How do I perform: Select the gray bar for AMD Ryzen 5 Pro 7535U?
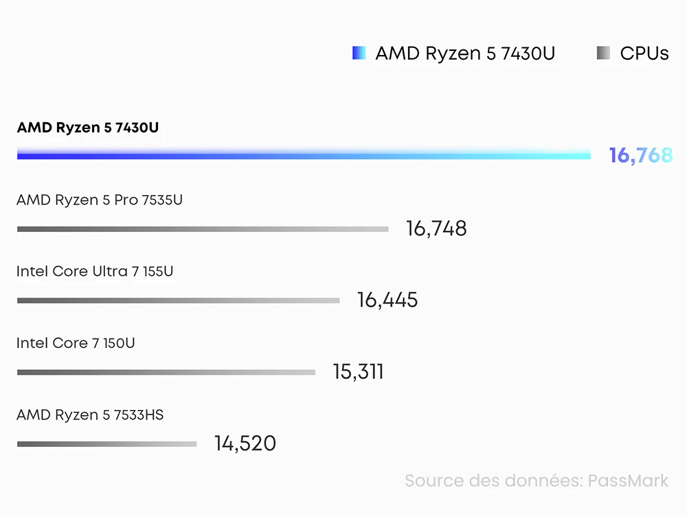203,229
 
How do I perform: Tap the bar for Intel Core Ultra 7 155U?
178,300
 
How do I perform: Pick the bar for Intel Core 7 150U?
166,372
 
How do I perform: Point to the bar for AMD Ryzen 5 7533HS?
106,444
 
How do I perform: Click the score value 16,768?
640,156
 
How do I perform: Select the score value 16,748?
436,229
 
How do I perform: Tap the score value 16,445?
387,300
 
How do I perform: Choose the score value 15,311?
358,372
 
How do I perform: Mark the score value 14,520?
245,444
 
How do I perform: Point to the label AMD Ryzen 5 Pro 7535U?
100,200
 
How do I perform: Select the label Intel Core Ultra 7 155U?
95,272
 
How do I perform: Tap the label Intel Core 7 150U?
76,343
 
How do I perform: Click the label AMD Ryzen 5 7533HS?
90,415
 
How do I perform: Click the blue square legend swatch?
359,54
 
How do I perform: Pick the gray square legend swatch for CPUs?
603,54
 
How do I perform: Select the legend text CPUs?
644,54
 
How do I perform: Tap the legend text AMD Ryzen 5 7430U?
465,54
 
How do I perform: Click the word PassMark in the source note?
628,481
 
